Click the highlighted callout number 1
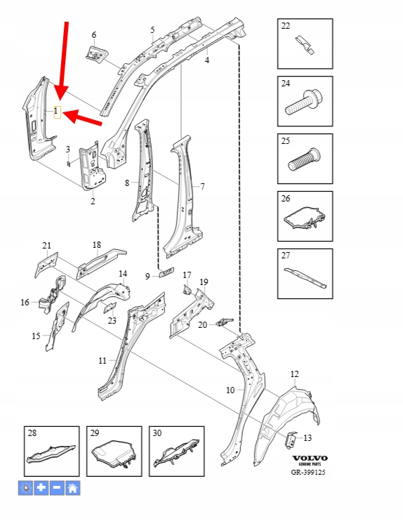(x=57, y=112)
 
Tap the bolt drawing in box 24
(x=304, y=103)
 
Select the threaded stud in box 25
(x=304, y=160)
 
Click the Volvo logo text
(x=310, y=459)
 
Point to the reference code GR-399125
(x=308, y=472)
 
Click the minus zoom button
(x=57, y=488)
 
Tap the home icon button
(x=73, y=488)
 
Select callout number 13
(x=308, y=438)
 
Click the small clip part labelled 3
(x=68, y=164)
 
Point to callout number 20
(x=202, y=324)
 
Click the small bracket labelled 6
(x=97, y=53)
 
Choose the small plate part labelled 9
(x=167, y=272)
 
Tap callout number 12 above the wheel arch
(x=294, y=374)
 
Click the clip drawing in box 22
(x=305, y=45)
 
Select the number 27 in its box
(x=286, y=256)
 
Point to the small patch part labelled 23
(x=110, y=308)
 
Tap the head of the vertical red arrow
(x=60, y=93)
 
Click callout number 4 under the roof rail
(x=207, y=60)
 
